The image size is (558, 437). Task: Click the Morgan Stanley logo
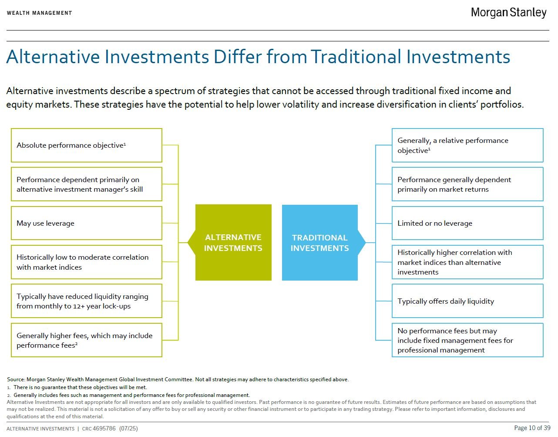coord(508,13)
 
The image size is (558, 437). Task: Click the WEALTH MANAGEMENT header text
coord(39,13)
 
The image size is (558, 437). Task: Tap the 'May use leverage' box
coord(87,223)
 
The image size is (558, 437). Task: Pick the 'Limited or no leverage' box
coord(467,223)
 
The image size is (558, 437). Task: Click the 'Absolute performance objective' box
coord(87,145)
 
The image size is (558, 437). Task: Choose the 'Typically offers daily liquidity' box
coord(467,301)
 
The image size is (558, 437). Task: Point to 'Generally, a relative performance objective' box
coord(467,145)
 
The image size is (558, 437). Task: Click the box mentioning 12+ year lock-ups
coord(87,301)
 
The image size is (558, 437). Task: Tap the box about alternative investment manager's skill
coord(87,184)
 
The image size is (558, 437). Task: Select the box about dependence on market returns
coord(467,184)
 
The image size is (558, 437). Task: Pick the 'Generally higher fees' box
coord(87,340)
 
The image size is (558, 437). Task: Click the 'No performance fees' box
coord(467,340)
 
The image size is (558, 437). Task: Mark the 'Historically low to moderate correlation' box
coord(87,262)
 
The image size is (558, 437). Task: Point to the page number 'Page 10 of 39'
coord(532,428)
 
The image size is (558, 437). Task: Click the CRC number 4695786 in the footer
coord(104,429)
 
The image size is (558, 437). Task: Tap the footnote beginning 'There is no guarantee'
coord(80,387)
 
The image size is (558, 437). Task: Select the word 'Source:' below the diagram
coord(16,379)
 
